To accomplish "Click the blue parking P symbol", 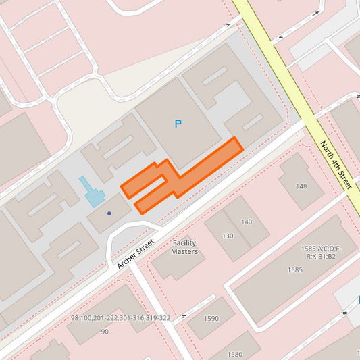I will click(178, 124).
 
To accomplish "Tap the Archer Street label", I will click(136, 253).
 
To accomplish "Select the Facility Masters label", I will click(184, 247).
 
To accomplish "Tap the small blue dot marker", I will click(109, 213).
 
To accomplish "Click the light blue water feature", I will click(92, 192).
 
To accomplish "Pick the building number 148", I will click(301, 186).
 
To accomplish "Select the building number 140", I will click(246, 222).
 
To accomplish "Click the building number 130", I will click(228, 236).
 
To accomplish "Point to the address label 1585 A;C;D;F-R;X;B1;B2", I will click(322, 253).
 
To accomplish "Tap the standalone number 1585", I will click(294, 270).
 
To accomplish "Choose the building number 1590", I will click(211, 319).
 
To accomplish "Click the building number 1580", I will click(234, 354).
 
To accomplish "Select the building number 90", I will click(105, 332).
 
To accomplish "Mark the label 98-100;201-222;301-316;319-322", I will click(121, 318).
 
